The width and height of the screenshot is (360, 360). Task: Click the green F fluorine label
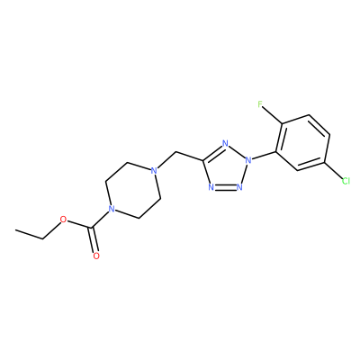pos(260,104)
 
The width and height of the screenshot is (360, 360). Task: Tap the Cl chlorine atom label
pos(346,181)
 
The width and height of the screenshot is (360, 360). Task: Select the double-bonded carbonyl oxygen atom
pos(96,256)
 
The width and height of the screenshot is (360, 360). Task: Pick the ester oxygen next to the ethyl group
pos(63,220)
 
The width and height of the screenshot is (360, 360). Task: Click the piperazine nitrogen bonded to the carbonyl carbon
pos(112,209)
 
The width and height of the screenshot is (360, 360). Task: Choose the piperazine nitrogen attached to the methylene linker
pos(154,171)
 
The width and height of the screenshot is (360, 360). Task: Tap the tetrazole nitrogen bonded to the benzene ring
pos(247,160)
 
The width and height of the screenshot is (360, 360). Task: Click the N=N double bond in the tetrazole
pos(225,187)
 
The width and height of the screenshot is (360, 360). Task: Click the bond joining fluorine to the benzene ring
pos(273,115)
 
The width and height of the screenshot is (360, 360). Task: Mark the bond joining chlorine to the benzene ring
pos(334,171)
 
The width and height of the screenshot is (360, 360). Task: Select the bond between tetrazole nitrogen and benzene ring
pos(264,156)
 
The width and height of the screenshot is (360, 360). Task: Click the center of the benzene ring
pos(303,143)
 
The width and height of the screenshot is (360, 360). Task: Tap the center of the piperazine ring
pos(133,191)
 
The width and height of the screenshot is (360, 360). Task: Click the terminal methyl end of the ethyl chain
pos(15,230)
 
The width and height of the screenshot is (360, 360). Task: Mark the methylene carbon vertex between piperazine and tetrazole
pos(175,152)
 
